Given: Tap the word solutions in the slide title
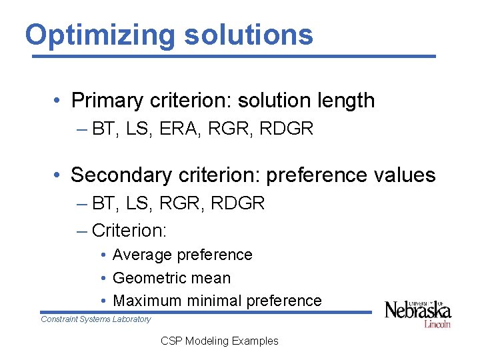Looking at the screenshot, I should tap(249, 35).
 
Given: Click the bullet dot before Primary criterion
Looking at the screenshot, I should tap(59, 101).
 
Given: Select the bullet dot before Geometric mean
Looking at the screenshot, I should tap(105, 279).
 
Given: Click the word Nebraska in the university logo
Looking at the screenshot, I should tap(417, 311).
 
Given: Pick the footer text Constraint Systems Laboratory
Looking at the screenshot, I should tap(96, 319).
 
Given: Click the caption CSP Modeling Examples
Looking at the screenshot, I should tap(219, 341).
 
